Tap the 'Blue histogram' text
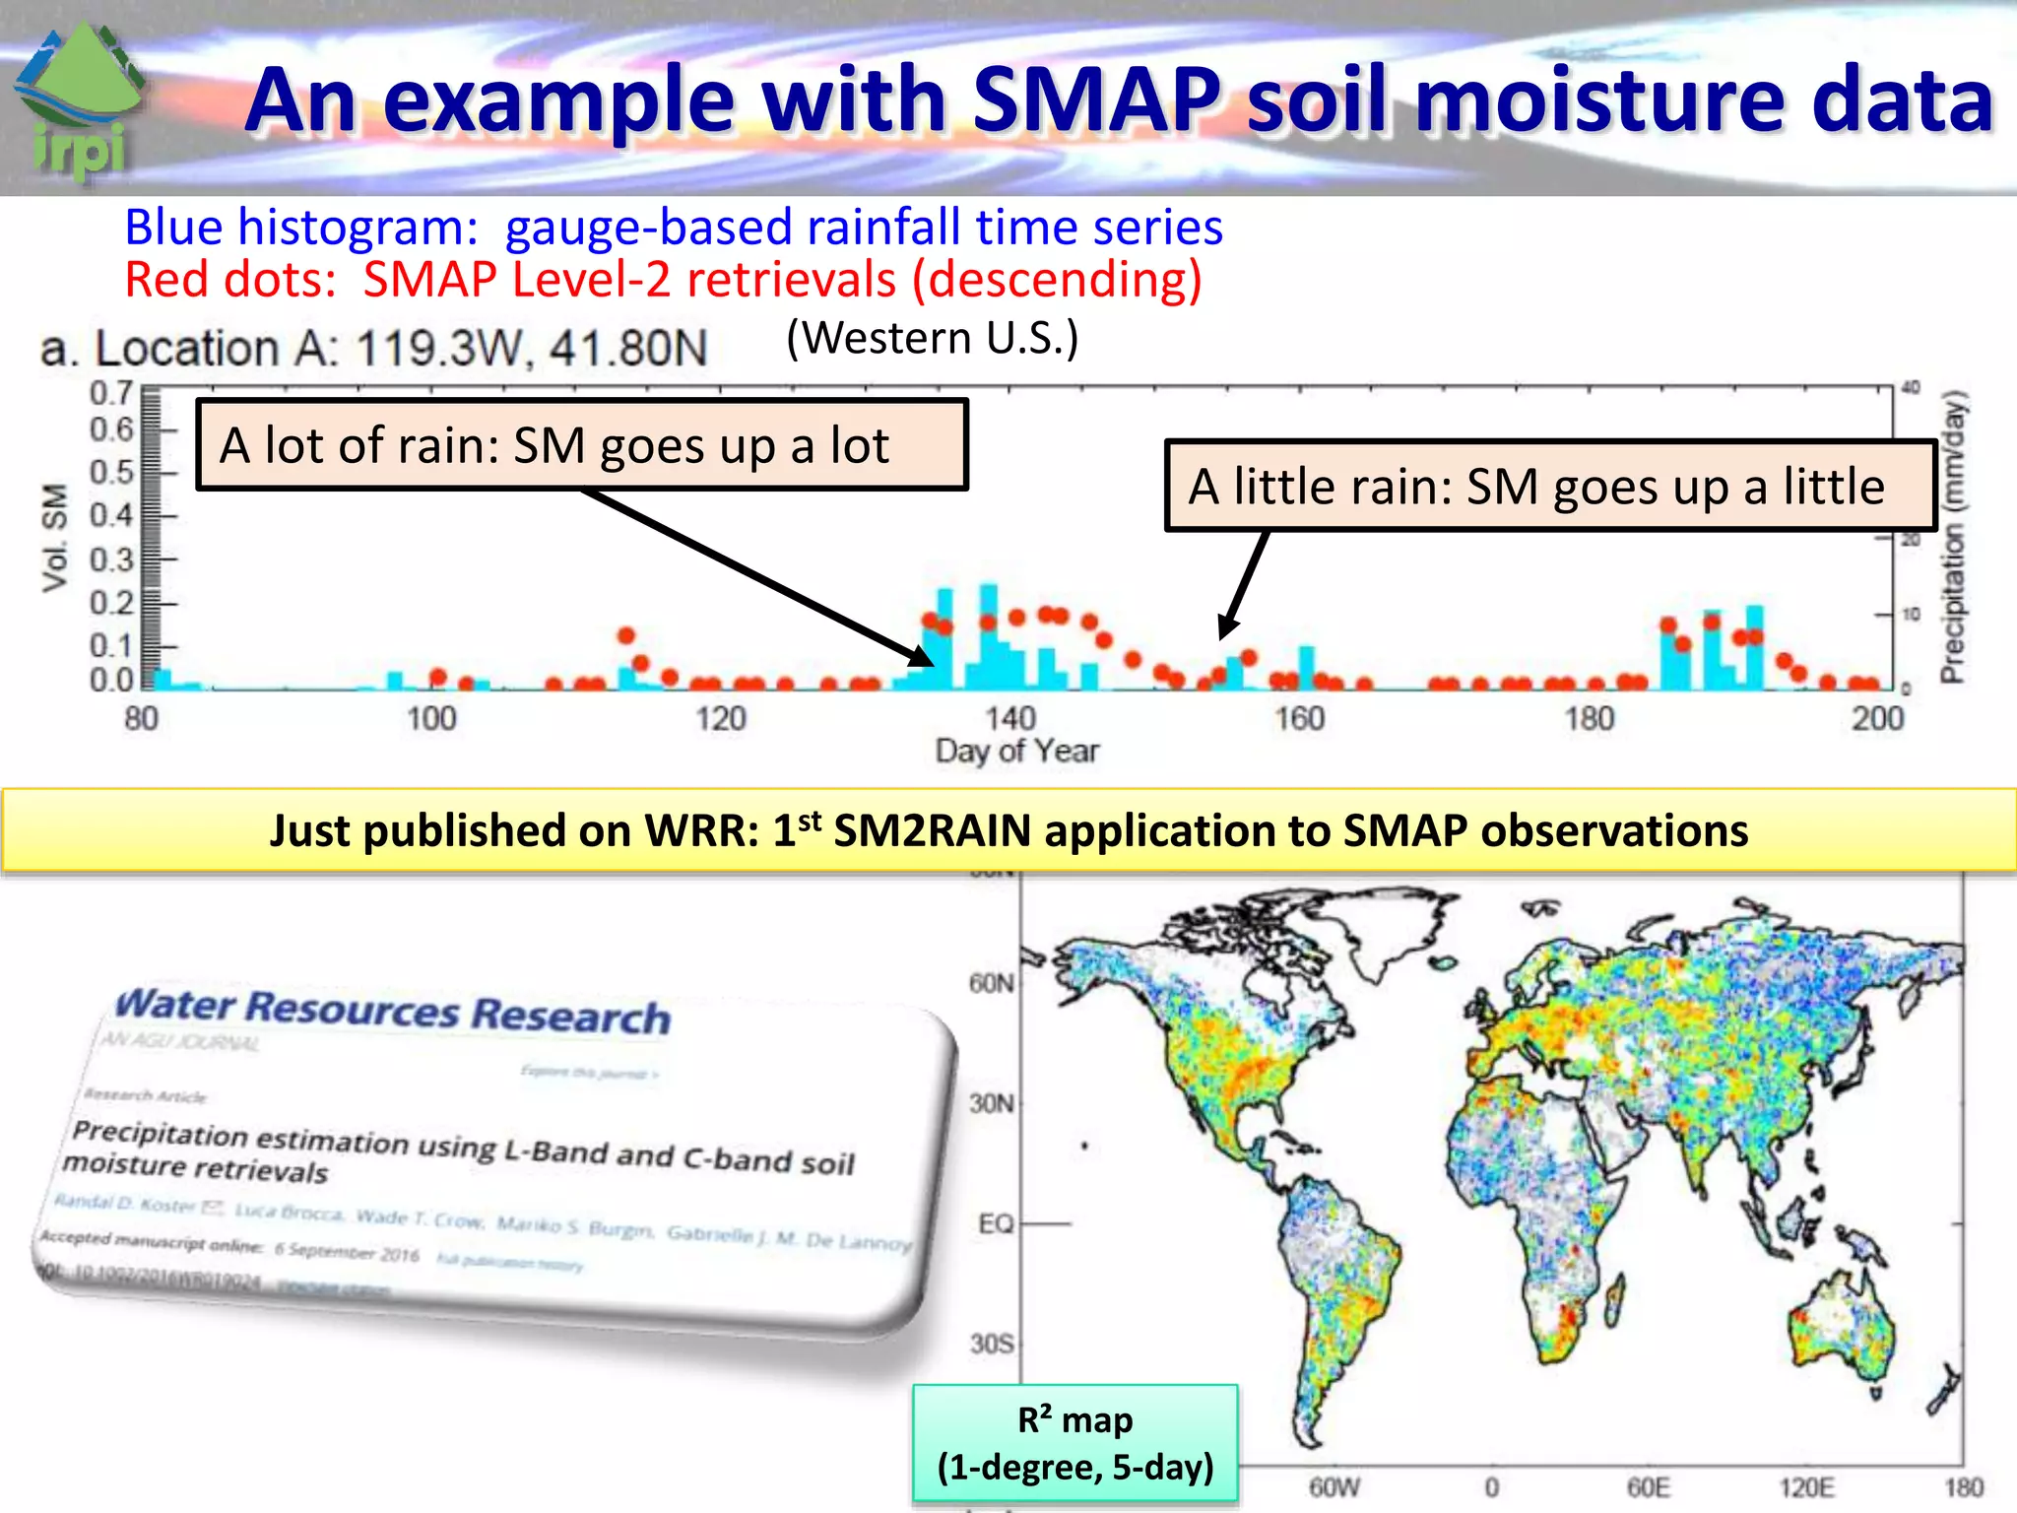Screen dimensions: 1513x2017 tap(300, 228)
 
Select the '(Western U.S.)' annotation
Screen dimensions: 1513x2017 tap(932, 338)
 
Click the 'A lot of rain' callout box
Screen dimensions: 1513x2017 tap(581, 445)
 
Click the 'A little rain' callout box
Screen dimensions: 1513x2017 tap(1549, 487)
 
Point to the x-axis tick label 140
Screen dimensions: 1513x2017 tap(1009, 718)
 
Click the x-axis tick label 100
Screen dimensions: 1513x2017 tap(431, 718)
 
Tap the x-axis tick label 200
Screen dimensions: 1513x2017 tap(1877, 718)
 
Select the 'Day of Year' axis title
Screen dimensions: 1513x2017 tap(1016, 752)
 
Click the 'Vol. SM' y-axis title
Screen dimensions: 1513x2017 tap(56, 538)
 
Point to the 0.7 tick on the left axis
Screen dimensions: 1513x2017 tap(111, 393)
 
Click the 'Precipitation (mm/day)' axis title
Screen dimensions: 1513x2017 tap(1953, 537)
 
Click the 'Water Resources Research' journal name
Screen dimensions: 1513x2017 tap(393, 1012)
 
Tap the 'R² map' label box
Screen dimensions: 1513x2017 tap(1074, 1443)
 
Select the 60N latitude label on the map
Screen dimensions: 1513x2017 tap(990, 983)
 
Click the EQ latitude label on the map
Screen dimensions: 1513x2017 tap(995, 1223)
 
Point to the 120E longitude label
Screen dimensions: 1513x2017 tap(1805, 1486)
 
